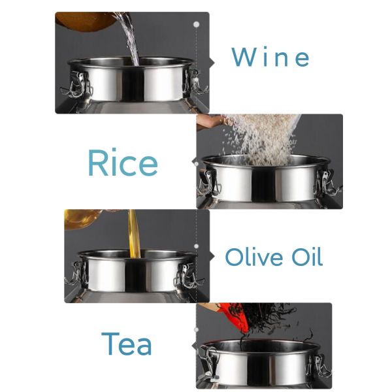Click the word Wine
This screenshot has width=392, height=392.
pyautogui.click(x=270, y=57)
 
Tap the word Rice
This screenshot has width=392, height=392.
pyautogui.click(x=123, y=163)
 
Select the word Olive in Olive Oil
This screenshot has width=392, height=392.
pyautogui.click(x=254, y=257)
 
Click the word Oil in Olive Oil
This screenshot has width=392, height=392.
pyautogui.click(x=307, y=257)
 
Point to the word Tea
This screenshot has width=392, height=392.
pyautogui.click(x=127, y=344)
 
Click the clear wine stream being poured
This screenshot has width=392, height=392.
pyautogui.click(x=129, y=39)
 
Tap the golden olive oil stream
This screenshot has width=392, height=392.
pyautogui.click(x=134, y=234)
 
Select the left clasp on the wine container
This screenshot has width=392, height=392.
pyautogui.click(x=76, y=85)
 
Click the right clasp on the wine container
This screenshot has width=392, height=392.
pyautogui.click(x=196, y=82)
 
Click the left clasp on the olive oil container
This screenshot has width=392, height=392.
pyautogui.click(x=76, y=274)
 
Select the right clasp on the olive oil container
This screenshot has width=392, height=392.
pyautogui.click(x=189, y=276)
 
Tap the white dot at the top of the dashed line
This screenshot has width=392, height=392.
pyautogui.click(x=197, y=25)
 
